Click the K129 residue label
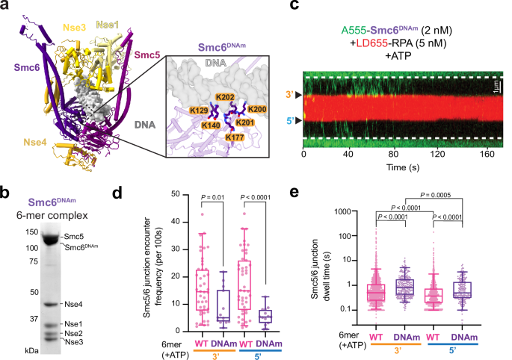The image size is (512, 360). (178, 111)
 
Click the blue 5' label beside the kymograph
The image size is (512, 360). (286, 120)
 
